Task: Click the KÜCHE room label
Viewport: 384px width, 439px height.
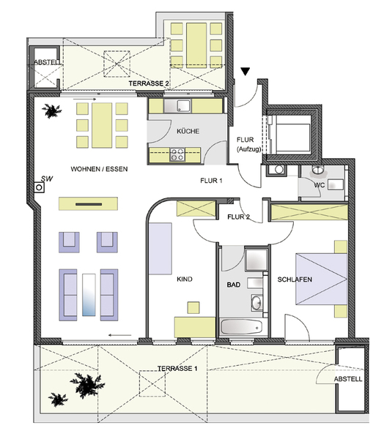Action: (188, 131)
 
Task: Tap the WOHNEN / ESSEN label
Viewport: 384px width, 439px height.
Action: (99, 169)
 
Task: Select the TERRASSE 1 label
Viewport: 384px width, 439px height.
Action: (177, 369)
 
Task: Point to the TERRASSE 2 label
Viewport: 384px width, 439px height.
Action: (149, 83)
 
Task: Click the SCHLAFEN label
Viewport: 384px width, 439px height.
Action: (295, 279)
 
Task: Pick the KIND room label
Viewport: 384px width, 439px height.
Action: (185, 279)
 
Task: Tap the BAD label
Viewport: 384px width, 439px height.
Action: (233, 285)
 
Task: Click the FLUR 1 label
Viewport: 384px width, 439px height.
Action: (211, 181)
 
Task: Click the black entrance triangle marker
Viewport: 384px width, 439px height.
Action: (245, 72)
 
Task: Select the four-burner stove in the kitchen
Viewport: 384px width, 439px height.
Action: (177, 154)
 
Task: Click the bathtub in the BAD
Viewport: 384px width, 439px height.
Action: (241, 327)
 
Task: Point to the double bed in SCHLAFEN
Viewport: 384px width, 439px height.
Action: (322, 279)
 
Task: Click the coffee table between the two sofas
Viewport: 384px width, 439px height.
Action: (89, 295)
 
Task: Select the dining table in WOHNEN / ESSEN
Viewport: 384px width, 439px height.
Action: (102, 125)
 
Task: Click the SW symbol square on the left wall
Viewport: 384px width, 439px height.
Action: (40, 187)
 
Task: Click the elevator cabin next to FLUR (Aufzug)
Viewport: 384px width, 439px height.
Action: (292, 135)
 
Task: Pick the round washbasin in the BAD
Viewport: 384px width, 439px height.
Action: (256, 303)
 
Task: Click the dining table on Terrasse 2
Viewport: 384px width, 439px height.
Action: (196, 45)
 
